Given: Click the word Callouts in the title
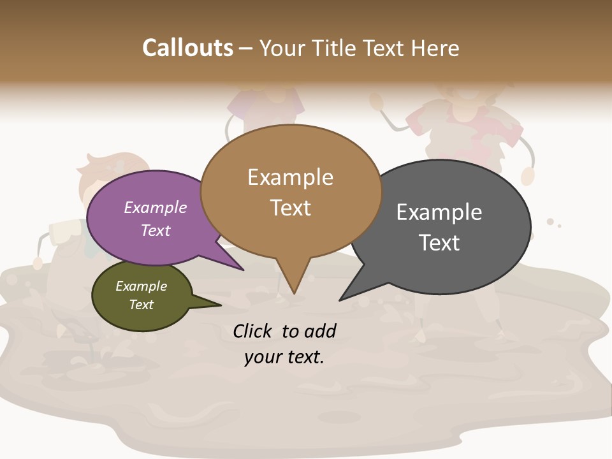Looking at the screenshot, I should click(x=187, y=48).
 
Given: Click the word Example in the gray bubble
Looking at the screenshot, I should click(x=439, y=212).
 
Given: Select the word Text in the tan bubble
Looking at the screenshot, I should click(x=291, y=208).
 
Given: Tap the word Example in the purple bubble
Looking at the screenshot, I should click(x=155, y=207).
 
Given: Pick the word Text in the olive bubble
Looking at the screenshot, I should click(x=141, y=305).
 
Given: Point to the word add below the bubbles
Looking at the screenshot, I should click(x=319, y=331).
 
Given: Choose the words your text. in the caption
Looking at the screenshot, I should click(x=284, y=357).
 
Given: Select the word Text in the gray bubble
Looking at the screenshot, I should click(x=439, y=243).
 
